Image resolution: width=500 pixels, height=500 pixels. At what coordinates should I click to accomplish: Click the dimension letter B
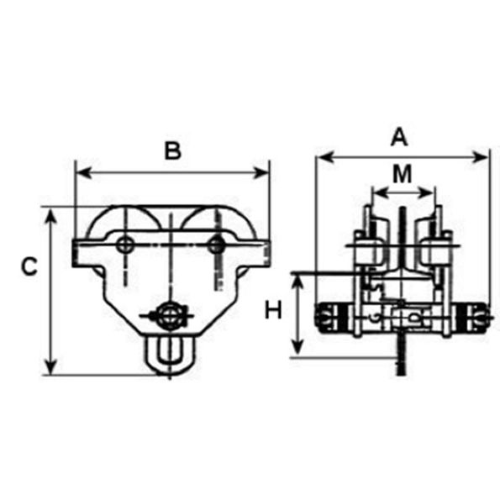pos(172,151)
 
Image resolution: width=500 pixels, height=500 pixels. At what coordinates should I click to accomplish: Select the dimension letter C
pos(29,267)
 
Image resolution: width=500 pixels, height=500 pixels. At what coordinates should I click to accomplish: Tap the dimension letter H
pos(272,310)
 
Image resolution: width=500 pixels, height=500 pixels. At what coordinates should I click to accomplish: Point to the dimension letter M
pos(403,174)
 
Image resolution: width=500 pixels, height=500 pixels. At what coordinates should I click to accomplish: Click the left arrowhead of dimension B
pos(81,172)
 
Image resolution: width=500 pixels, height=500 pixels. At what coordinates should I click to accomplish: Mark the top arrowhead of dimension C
pos(52,213)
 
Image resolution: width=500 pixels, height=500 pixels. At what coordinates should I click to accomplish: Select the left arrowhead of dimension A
pos(320,156)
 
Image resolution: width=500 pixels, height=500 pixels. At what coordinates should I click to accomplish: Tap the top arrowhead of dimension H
pos(296,277)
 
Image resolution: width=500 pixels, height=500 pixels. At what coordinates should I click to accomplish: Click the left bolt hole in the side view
pos(125,245)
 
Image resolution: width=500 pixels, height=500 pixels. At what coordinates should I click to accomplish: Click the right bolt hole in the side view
pos(217,245)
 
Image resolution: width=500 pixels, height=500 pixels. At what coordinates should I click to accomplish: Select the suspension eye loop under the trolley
pos(171,353)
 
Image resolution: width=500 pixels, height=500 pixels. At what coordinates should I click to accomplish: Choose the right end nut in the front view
pos(479,318)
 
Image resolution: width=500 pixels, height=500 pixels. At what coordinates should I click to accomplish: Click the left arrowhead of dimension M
pos(376,192)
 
